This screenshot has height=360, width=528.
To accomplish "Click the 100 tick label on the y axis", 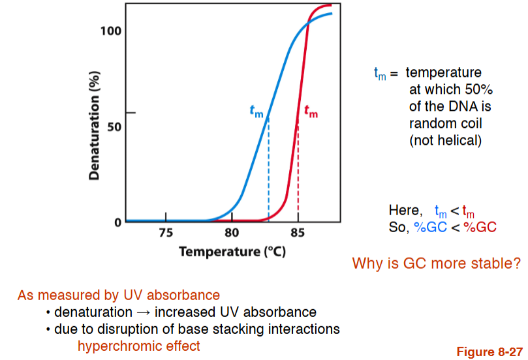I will (x=110, y=31).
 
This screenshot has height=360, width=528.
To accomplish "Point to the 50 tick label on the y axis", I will (x=113, y=126).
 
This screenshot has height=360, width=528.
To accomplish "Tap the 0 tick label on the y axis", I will (x=118, y=222).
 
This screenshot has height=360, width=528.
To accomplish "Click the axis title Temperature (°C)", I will (x=232, y=251).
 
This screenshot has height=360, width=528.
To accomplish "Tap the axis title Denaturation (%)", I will (x=94, y=124).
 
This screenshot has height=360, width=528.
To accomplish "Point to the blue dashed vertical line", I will (x=268, y=170).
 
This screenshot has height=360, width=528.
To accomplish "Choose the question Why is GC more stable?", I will (x=436, y=264).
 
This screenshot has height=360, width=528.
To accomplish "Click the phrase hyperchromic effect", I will (x=138, y=346).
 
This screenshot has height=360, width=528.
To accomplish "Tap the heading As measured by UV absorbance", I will (x=119, y=295).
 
